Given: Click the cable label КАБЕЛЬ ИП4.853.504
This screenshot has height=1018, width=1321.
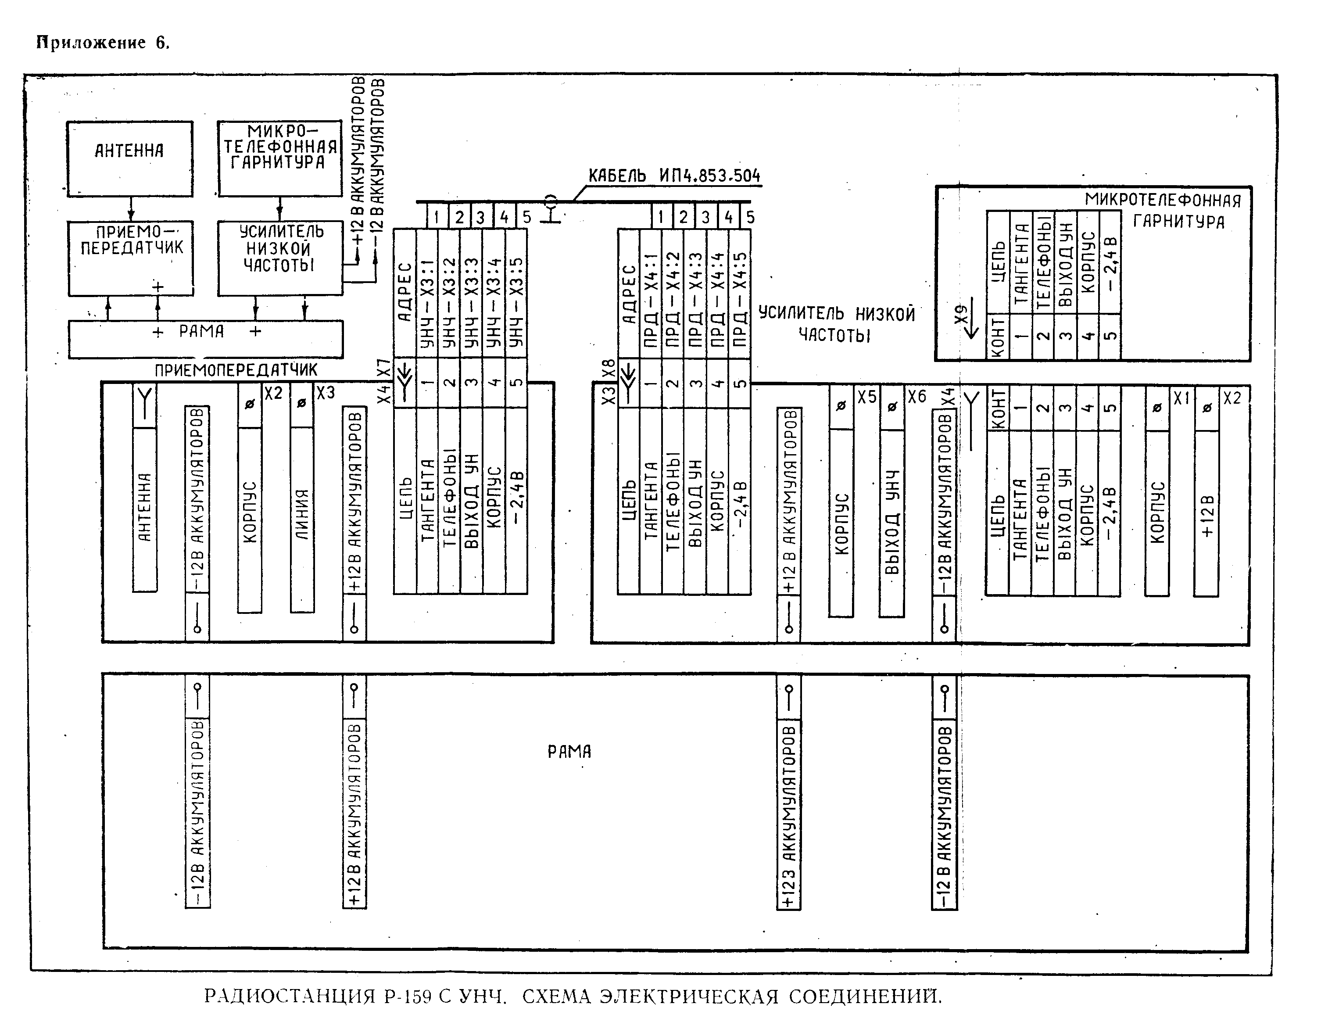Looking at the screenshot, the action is click(x=674, y=176).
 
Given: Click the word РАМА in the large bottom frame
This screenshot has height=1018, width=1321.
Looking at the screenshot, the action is click(x=569, y=751).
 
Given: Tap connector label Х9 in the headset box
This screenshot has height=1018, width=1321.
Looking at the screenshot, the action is click(x=961, y=313).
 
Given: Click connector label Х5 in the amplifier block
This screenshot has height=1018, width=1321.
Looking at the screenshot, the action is click(x=867, y=397).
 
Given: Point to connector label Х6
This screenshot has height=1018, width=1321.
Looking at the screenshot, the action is click(x=917, y=397).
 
